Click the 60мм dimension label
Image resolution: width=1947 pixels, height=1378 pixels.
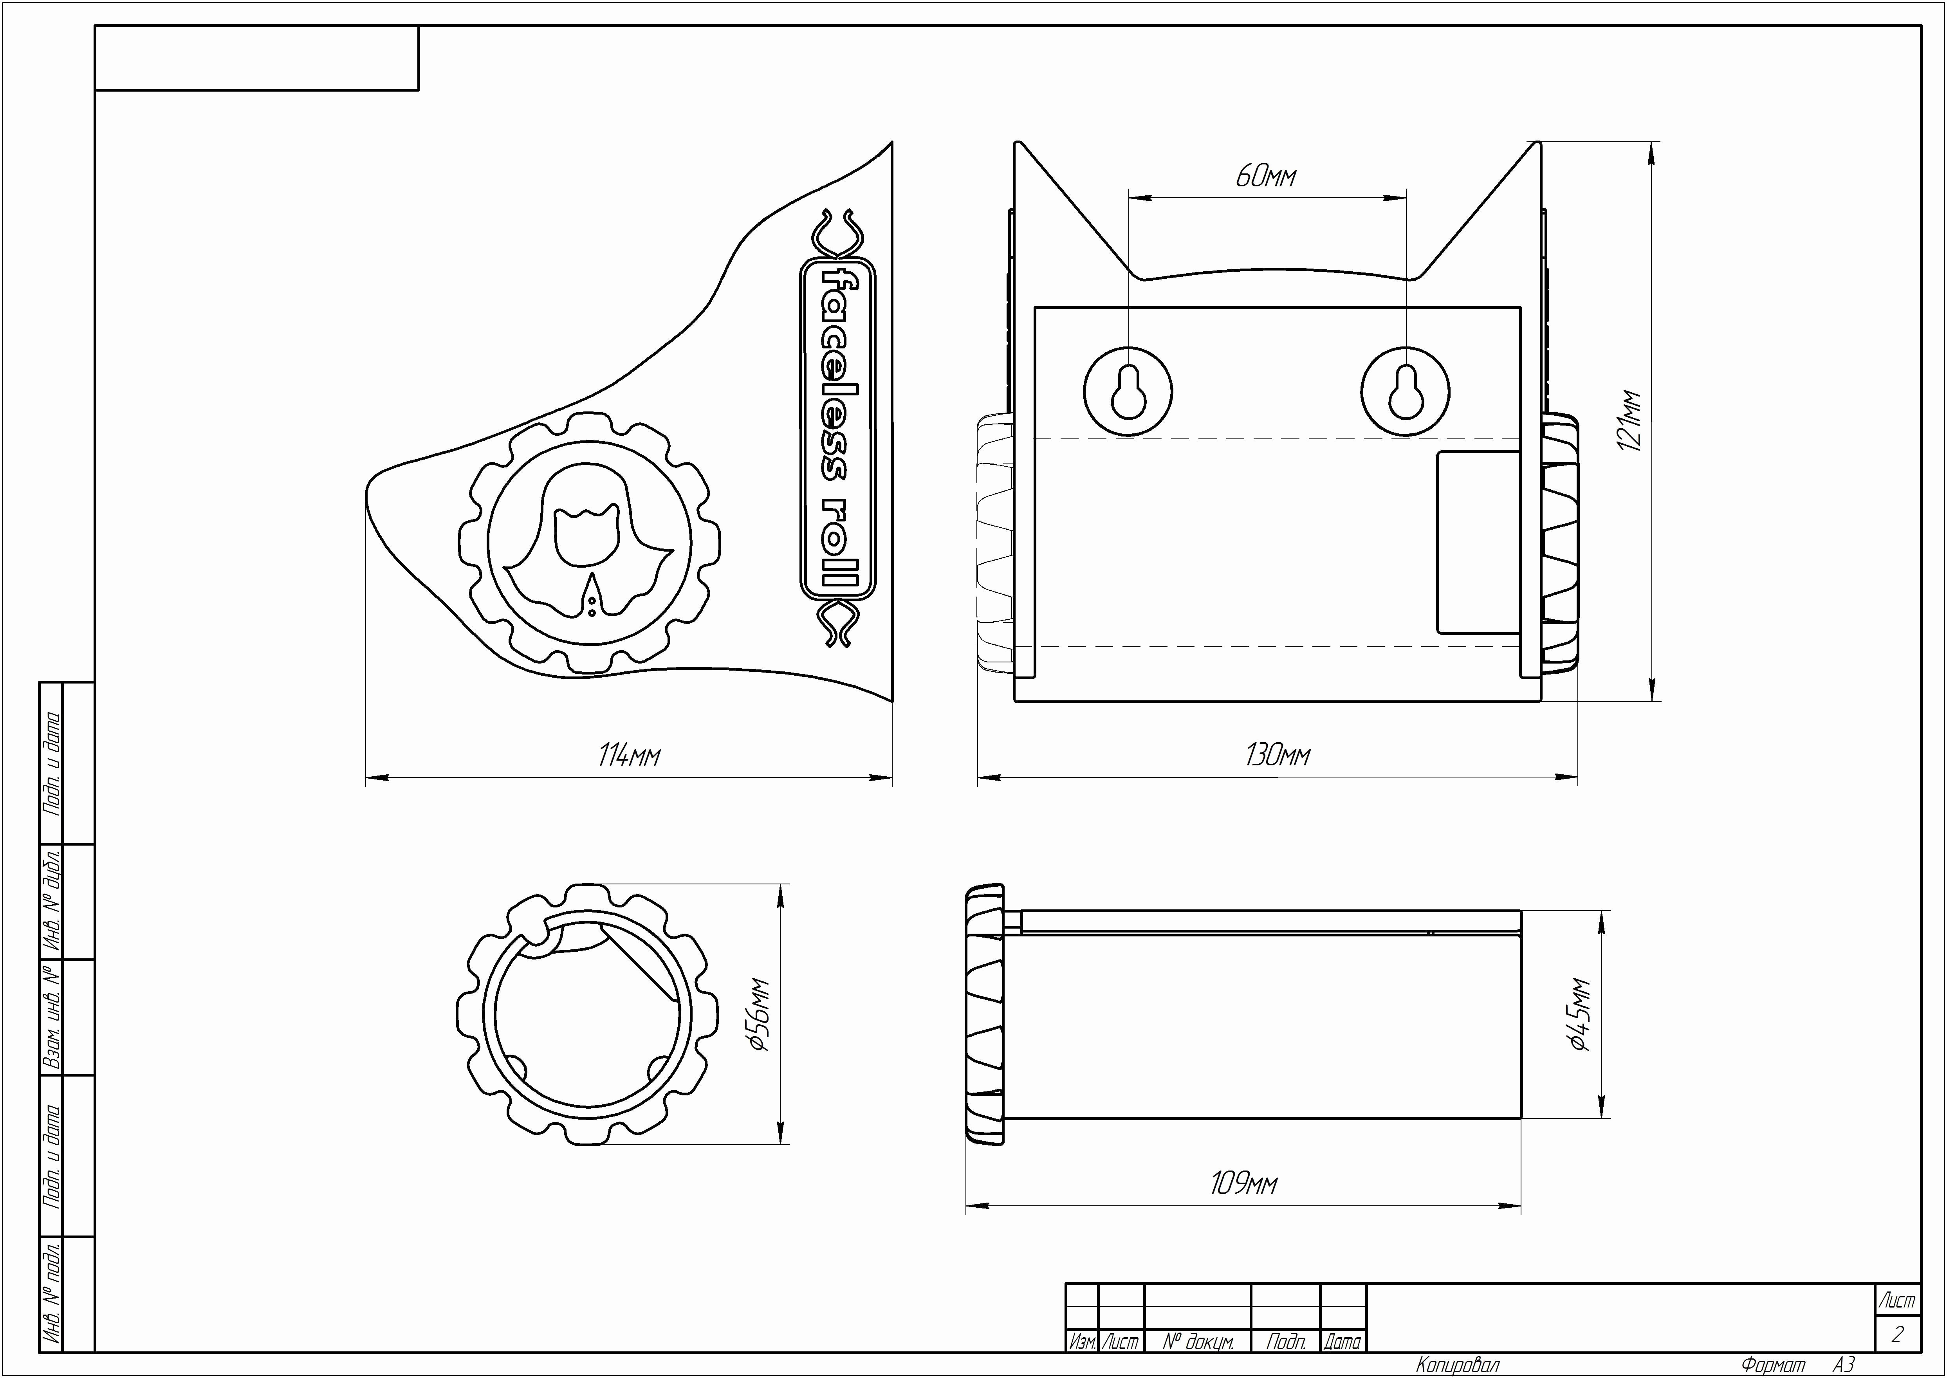[1266, 177]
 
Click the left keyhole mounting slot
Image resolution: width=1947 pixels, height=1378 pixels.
[1128, 392]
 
